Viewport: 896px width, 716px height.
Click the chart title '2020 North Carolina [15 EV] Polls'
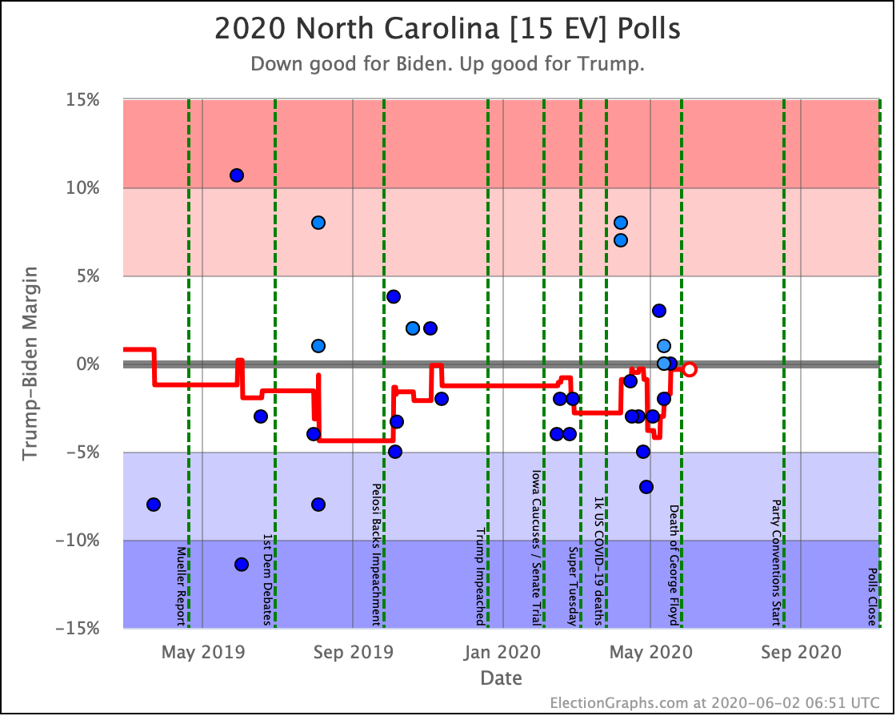(x=447, y=29)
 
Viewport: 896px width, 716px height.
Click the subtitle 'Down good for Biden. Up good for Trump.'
(x=447, y=63)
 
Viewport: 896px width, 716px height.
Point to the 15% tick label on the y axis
(x=82, y=100)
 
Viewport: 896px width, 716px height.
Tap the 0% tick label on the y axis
(x=87, y=364)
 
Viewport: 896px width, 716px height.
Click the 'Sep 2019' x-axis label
(x=353, y=652)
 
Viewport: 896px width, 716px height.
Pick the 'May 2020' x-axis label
(x=651, y=652)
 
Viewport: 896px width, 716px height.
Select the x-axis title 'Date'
(x=501, y=678)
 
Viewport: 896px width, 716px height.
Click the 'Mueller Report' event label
(x=181, y=586)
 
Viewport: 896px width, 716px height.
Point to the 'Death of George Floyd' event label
(x=674, y=565)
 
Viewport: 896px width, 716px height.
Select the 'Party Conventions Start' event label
(x=776, y=563)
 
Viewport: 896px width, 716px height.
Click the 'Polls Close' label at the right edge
(x=873, y=597)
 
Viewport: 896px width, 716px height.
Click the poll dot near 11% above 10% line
(x=237, y=175)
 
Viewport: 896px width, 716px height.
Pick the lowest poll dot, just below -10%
(x=242, y=565)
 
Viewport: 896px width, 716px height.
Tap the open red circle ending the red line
(x=690, y=369)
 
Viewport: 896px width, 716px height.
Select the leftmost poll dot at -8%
(x=153, y=505)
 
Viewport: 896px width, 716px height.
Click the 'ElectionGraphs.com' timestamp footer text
(x=715, y=702)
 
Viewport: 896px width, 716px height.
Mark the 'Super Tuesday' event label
(x=573, y=586)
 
